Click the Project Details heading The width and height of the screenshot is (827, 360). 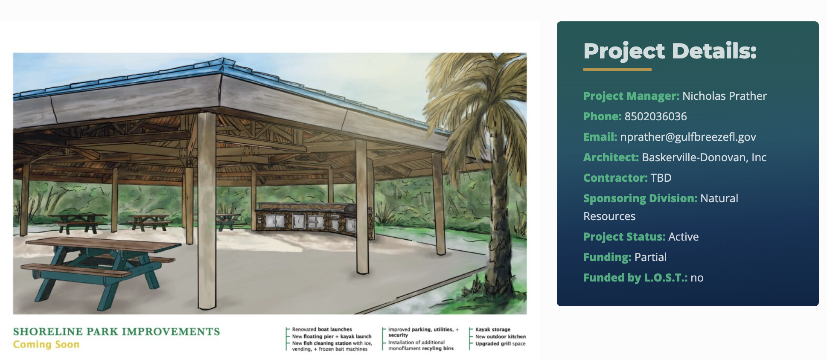tap(670, 51)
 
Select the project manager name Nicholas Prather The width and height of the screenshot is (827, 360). tap(724, 96)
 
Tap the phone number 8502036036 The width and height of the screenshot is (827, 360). tap(655, 116)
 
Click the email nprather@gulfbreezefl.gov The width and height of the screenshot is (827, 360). tap(688, 137)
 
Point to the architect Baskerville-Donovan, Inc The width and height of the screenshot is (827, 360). tap(704, 157)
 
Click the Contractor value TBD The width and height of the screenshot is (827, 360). tap(661, 178)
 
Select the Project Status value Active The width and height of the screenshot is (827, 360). tap(683, 237)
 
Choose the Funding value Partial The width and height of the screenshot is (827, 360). tap(650, 257)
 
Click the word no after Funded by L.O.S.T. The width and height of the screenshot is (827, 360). tap(697, 278)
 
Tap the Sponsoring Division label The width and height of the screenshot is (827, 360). tap(640, 199)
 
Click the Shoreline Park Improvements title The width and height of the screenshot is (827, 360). tap(116, 332)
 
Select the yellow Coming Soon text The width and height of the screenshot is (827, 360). tap(46, 345)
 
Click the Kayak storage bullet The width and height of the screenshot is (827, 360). tap(493, 330)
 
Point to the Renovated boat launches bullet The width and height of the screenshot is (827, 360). tap(322, 329)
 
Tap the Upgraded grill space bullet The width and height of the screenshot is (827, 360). tap(501, 344)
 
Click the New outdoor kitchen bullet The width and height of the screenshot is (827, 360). tap(501, 337)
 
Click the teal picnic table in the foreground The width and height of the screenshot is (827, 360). tap(100, 269)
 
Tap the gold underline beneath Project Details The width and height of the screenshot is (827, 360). tap(617, 69)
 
